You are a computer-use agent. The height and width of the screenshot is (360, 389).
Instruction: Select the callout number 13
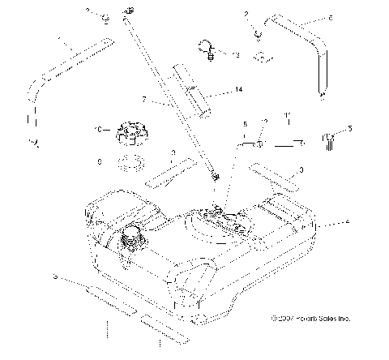236,55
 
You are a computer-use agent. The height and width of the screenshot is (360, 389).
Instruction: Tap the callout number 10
98,130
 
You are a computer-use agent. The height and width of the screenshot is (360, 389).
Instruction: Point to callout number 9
99,162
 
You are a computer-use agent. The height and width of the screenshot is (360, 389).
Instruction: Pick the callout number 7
143,101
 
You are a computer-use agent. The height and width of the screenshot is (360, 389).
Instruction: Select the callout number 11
288,118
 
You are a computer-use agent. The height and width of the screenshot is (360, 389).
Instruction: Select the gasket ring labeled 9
127,163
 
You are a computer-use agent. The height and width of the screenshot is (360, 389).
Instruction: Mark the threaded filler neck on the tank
130,240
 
